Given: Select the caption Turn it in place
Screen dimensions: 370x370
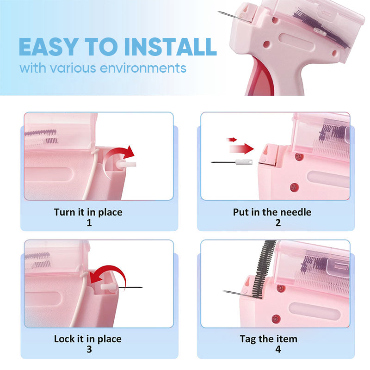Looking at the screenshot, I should click(88, 212).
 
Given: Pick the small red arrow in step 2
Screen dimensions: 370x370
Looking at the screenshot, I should click(232, 139).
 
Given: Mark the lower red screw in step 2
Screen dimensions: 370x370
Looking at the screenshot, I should click(292, 187).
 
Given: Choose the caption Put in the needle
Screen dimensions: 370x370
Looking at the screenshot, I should click(272, 212).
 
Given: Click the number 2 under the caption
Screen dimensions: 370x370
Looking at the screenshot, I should click(278, 222).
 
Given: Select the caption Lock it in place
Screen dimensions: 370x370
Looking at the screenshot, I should click(88, 339).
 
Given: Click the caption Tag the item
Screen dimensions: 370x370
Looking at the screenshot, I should click(268, 339).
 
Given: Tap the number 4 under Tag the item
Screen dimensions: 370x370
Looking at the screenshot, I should click(278, 349).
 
